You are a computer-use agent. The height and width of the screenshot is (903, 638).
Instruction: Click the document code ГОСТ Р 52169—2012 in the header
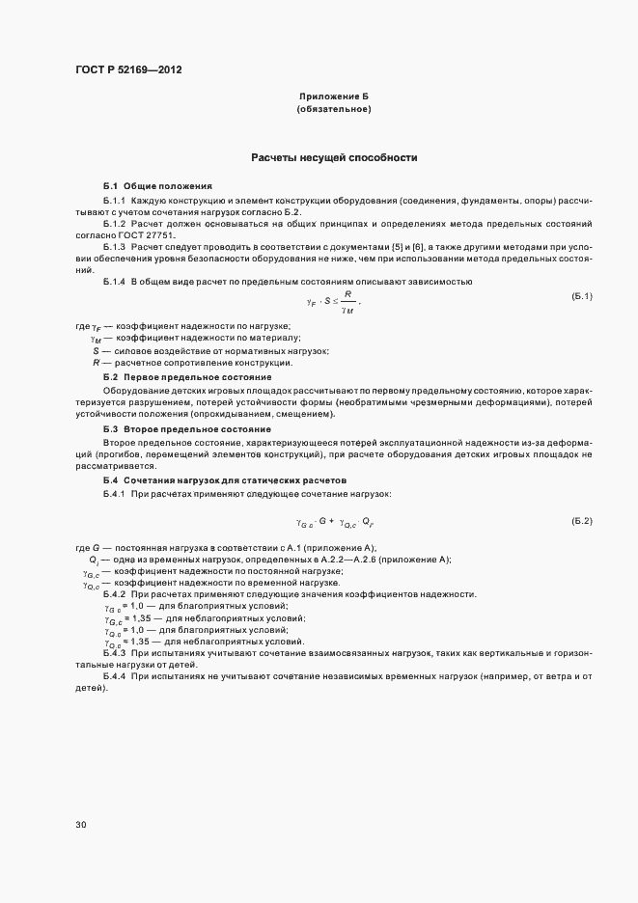127,69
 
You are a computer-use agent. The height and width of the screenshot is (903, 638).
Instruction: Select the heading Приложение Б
333,97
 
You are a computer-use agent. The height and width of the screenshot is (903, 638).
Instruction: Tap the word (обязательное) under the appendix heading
333,109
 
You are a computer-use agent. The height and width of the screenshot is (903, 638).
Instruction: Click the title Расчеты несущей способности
333,157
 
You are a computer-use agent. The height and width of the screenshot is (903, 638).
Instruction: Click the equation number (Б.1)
582,295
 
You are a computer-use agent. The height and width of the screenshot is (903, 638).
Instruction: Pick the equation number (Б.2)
582,521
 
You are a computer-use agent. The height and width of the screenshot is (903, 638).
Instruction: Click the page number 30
80,825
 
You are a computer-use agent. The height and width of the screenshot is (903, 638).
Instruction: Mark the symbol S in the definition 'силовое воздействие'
95,350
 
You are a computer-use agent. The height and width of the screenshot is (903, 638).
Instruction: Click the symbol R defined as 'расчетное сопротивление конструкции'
95,362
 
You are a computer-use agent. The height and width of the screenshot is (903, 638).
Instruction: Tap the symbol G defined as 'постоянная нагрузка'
97,548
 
